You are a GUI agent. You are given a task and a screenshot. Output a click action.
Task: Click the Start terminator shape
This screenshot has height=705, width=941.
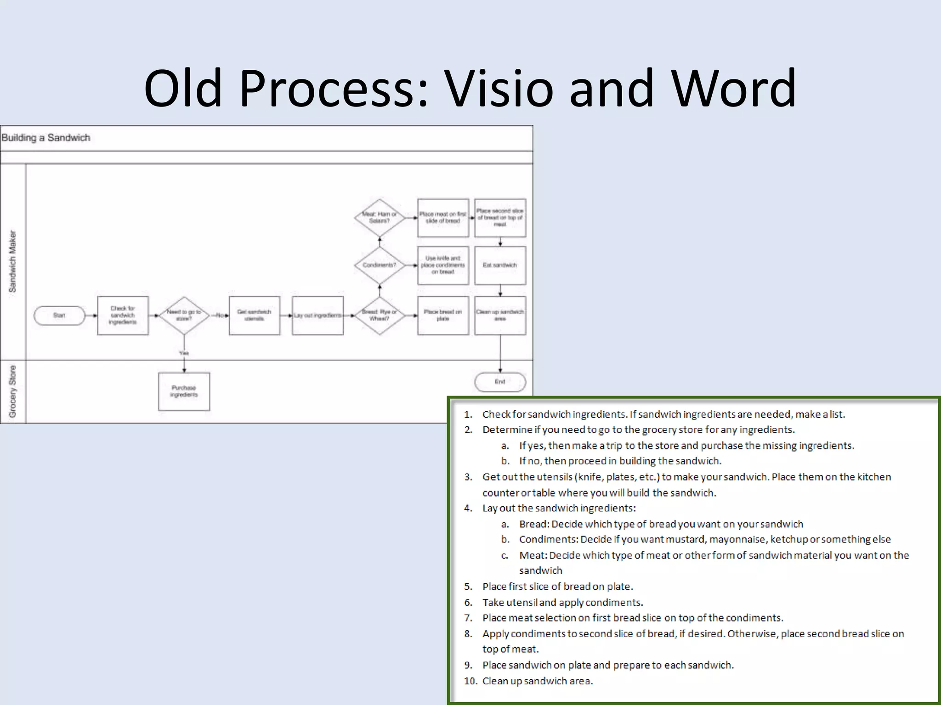59,315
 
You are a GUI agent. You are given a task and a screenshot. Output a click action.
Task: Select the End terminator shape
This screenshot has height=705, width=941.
500,382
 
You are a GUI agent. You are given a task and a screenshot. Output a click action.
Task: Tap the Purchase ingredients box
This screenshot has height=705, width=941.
184,391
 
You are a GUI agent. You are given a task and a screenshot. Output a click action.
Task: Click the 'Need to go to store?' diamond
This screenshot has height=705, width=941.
184,315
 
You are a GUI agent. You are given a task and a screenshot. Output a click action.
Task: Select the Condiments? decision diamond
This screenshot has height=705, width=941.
379,265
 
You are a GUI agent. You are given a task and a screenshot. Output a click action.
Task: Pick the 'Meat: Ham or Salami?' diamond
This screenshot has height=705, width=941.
379,218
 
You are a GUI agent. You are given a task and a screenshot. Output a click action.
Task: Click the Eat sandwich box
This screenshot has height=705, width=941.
500,265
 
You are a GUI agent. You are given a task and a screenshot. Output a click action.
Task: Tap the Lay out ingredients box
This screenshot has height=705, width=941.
317,315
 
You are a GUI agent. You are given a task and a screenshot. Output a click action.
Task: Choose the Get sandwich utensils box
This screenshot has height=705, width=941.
254,315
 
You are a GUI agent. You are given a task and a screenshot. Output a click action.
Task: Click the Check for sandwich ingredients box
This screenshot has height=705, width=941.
123,315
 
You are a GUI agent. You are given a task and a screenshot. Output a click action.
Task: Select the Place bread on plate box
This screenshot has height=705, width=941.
443,315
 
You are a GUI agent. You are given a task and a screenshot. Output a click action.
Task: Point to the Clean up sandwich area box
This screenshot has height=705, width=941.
500,315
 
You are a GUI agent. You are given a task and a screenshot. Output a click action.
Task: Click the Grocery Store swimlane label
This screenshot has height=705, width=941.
13,391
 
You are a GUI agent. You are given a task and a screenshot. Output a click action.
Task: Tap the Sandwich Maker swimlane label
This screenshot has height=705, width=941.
13,262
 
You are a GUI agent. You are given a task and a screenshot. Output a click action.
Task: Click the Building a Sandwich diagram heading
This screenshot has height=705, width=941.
46,138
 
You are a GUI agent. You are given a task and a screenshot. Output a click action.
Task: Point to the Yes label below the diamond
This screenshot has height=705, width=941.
184,353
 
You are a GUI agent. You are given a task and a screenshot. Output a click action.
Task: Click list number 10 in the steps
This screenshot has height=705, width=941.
470,681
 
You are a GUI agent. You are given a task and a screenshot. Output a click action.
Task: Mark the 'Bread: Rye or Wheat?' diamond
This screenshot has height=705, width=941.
379,315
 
